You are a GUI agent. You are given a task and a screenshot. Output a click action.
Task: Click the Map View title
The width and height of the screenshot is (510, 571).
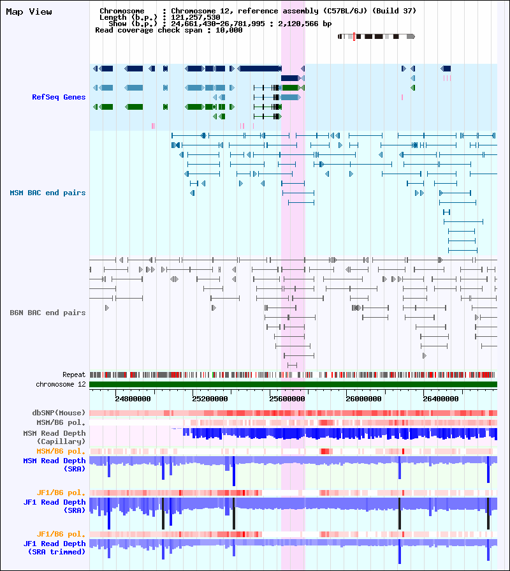29,11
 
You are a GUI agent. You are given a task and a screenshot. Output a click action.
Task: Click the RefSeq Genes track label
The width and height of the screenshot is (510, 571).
59,97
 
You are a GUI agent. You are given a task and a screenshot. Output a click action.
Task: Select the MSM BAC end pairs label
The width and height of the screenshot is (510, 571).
48,193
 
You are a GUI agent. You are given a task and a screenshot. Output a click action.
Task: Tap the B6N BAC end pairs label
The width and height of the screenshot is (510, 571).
48,313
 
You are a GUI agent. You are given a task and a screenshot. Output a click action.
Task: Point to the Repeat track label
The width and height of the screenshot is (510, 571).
74,374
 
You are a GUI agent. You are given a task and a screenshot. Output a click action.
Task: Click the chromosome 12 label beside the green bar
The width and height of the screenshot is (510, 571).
61,384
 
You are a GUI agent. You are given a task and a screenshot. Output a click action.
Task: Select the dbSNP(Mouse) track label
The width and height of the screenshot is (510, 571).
59,413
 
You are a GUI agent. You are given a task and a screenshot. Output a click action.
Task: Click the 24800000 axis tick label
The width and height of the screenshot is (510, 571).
133,399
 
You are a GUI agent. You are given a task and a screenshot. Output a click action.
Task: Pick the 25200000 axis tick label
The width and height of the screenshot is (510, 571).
210,399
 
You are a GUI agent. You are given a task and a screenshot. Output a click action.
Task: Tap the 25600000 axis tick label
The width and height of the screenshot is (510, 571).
287,399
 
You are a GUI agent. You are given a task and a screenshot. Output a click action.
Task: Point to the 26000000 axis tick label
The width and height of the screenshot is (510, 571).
363,399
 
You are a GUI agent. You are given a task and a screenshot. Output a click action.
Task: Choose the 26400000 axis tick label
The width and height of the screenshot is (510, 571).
441,399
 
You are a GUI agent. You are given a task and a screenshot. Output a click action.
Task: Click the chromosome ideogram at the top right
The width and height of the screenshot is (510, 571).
376,36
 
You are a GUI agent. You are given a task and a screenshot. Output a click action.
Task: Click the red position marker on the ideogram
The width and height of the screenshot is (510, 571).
354,36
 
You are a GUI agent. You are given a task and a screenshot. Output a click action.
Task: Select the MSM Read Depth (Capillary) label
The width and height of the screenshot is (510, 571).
54,437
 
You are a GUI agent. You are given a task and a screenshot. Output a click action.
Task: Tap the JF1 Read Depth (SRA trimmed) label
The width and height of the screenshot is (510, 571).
54,547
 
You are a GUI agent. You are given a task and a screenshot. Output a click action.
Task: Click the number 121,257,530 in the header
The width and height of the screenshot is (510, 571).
195,17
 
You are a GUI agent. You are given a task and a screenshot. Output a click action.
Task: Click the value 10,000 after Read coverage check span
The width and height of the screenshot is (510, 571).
229,30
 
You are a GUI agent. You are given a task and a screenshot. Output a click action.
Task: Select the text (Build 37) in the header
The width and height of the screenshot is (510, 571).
394,11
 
